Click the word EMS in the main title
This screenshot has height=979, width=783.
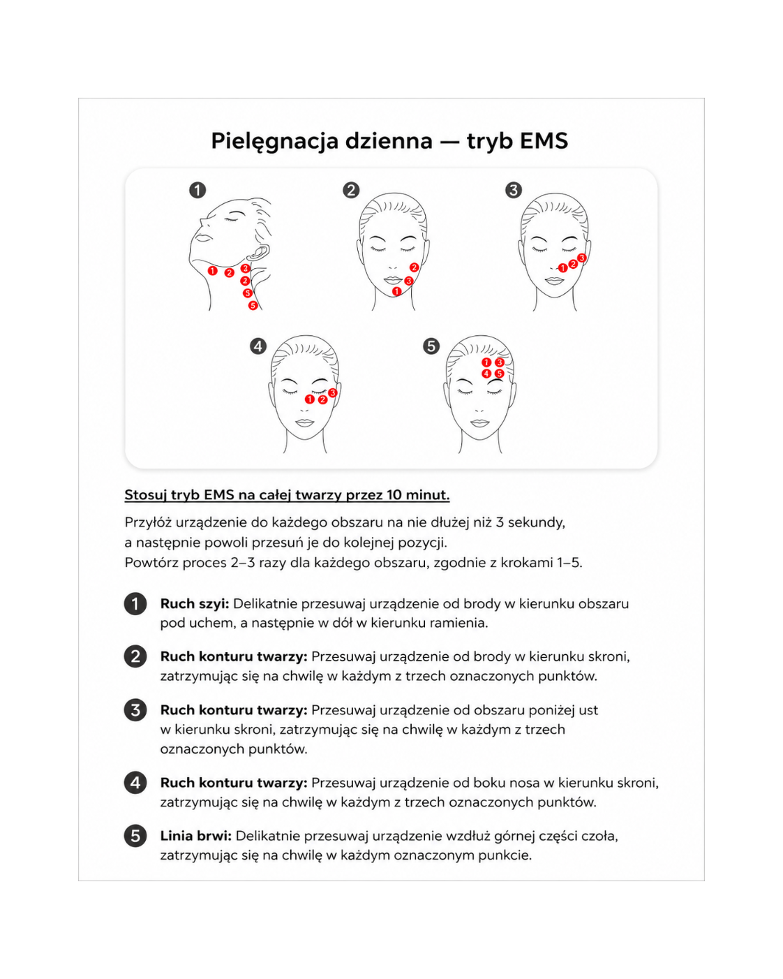(x=544, y=140)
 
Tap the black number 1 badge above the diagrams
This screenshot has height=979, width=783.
(x=197, y=190)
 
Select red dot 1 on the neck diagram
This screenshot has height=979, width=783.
(x=212, y=271)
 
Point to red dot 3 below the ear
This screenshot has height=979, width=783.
(x=246, y=268)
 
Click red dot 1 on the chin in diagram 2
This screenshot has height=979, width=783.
(x=397, y=291)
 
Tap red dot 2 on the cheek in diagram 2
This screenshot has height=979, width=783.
(x=414, y=267)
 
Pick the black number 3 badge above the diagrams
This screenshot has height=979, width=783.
(x=514, y=190)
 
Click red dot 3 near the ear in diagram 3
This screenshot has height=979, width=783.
(x=581, y=258)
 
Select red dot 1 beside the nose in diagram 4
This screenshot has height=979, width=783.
(x=310, y=399)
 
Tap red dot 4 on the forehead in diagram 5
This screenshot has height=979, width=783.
(x=486, y=374)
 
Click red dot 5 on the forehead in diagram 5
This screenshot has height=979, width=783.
(x=499, y=374)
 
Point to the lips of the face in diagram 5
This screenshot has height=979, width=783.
(x=479, y=423)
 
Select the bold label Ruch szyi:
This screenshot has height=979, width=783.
(x=195, y=604)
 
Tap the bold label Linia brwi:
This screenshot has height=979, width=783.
(x=196, y=836)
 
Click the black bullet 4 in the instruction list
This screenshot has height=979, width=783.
(x=135, y=783)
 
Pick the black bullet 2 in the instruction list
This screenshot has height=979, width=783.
(x=135, y=656)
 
